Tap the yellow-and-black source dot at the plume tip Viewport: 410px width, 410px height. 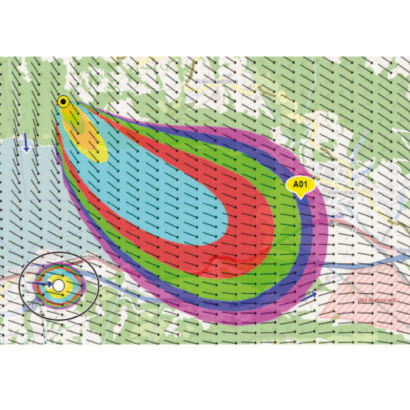click(64, 101)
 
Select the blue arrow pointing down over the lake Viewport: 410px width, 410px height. click(26, 143)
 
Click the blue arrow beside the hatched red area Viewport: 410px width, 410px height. click(308, 296)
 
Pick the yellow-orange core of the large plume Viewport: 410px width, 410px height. click(85, 133)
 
